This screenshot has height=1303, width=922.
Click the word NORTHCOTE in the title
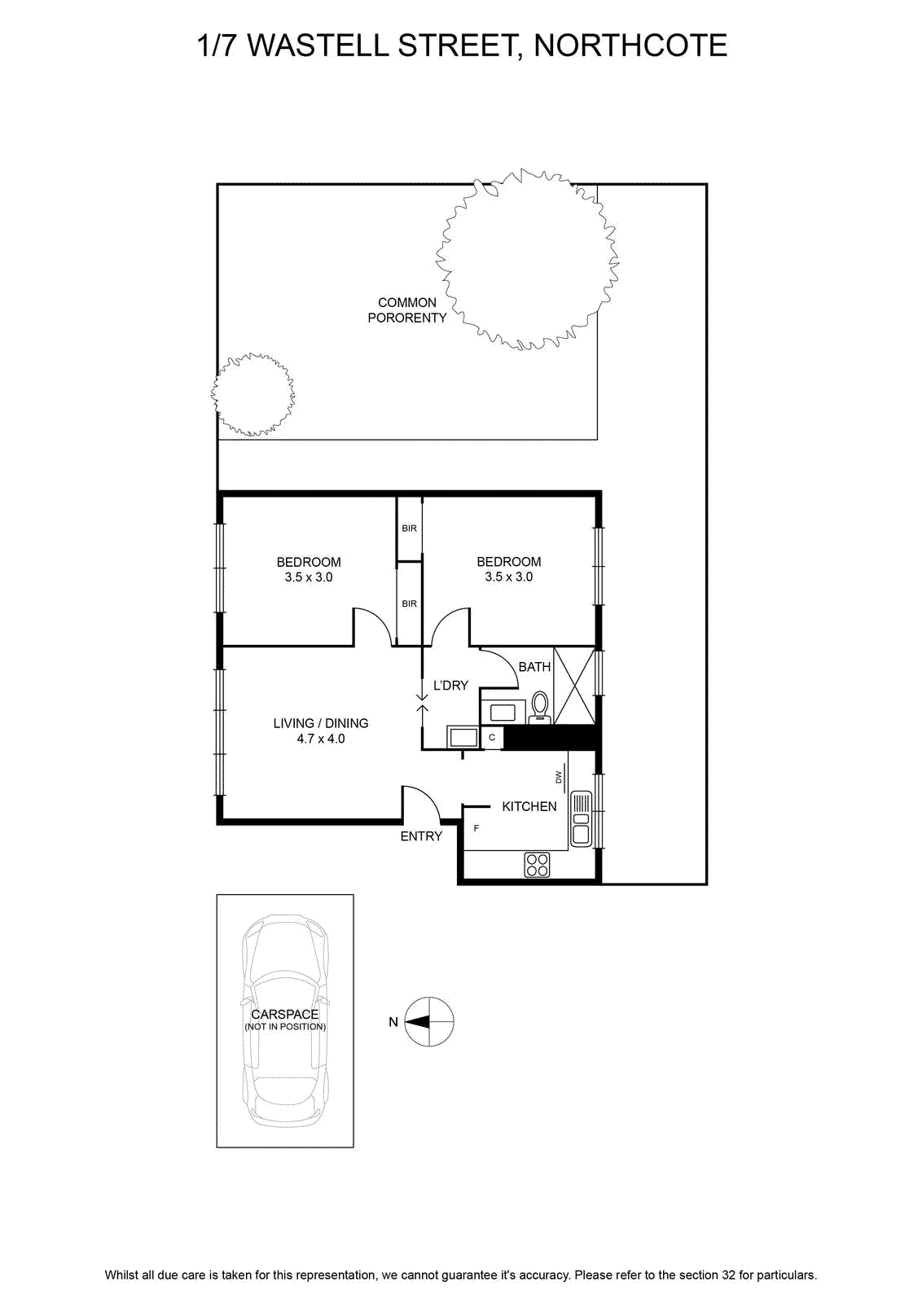pyautogui.click(x=630, y=46)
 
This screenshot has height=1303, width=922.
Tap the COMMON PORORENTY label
pyautogui.click(x=407, y=310)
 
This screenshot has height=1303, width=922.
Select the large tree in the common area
pyautogui.click(x=527, y=260)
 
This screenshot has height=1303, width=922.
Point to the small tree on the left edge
pyautogui.click(x=252, y=394)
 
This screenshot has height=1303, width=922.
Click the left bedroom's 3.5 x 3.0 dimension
pyautogui.click(x=309, y=577)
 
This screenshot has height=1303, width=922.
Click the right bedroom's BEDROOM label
pyautogui.click(x=509, y=562)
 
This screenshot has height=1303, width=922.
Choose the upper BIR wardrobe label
pyautogui.click(x=410, y=529)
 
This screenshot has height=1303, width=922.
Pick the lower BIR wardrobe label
pyautogui.click(x=410, y=603)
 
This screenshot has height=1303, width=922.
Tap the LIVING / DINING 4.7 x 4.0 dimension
pyautogui.click(x=321, y=739)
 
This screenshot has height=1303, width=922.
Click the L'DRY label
pyautogui.click(x=451, y=685)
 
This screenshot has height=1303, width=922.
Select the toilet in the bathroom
pyautogui.click(x=540, y=708)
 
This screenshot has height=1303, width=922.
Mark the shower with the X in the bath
pyautogui.click(x=574, y=686)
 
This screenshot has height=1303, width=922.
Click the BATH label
pyautogui.click(x=534, y=667)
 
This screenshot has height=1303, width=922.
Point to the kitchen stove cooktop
pyautogui.click(x=537, y=864)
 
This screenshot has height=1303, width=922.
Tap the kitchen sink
pyautogui.click(x=582, y=819)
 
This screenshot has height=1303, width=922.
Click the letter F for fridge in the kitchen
pyautogui.click(x=476, y=828)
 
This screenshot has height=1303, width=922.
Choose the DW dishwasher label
pyautogui.click(x=559, y=777)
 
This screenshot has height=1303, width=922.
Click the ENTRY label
pyautogui.click(x=421, y=836)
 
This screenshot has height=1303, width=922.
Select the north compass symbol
pyautogui.click(x=428, y=1022)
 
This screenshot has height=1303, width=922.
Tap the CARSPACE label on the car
pyautogui.click(x=285, y=1015)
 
